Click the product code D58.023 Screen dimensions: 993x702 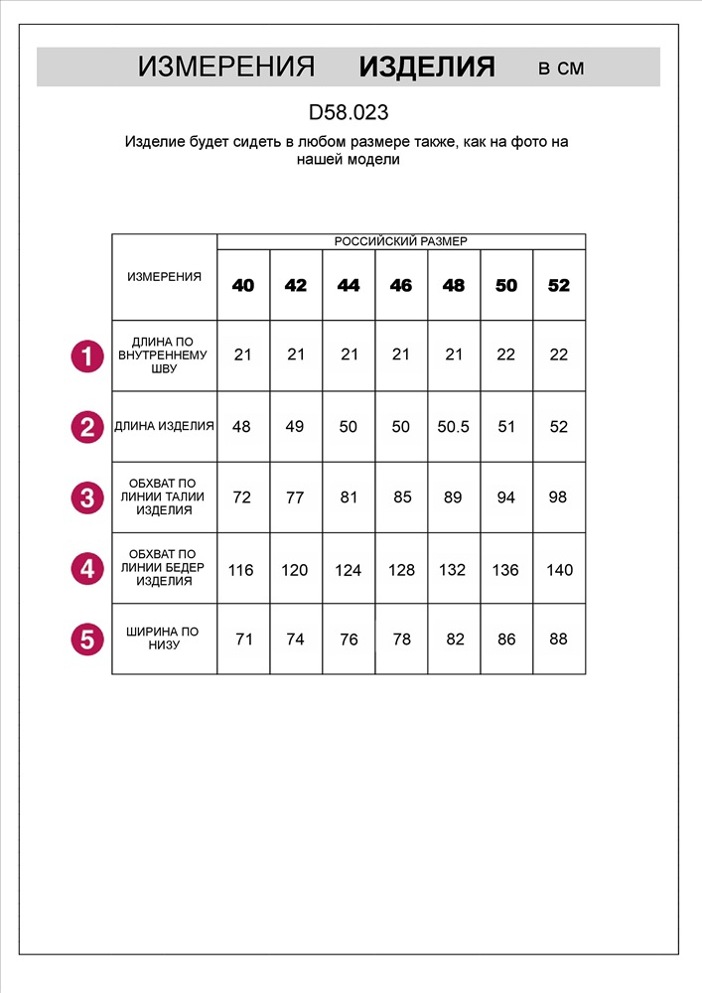tap(348, 113)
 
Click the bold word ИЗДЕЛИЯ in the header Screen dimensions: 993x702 tap(427, 67)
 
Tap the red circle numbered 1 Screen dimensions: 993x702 tap(87, 355)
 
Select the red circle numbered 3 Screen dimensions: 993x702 tap(87, 497)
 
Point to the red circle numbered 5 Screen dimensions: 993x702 tap(87, 639)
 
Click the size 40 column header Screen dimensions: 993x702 tap(243, 286)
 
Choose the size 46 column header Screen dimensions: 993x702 tap(401, 286)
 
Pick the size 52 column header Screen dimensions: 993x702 tap(559, 286)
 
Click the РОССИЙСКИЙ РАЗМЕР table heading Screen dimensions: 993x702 tap(400, 241)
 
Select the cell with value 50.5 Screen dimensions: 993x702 tap(454, 427)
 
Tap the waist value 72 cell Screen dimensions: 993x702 tap(242, 497)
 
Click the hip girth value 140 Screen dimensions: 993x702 tap(559, 570)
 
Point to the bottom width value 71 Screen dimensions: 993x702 tap(244, 639)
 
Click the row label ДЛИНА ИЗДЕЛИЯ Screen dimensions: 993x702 tap(164, 427)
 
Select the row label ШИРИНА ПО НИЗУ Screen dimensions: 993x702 tap(164, 638)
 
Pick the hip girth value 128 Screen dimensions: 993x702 tap(401, 570)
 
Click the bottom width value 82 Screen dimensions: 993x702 tap(455, 639)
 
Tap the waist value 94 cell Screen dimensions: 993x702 tap(506, 497)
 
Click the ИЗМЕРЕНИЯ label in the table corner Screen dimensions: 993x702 tap(164, 277)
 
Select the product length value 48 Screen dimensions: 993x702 tap(241, 427)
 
